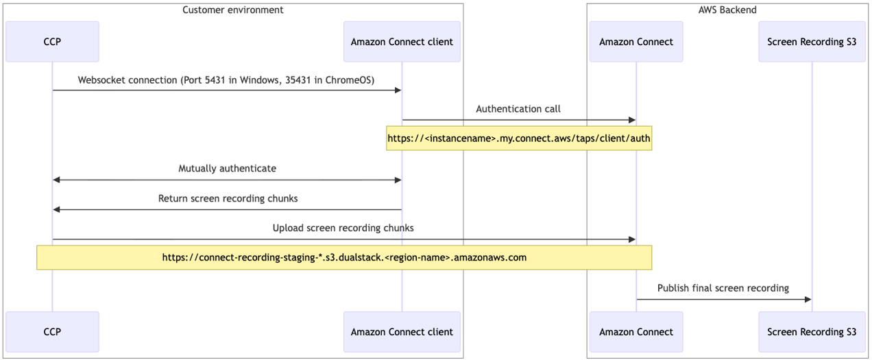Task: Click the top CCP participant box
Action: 52,42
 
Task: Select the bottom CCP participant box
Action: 52,332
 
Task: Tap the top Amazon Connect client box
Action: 402,42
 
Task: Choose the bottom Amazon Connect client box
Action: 402,332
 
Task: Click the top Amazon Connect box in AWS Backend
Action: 636,42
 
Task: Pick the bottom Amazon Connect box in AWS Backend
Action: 636,332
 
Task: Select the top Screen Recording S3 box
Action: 812,42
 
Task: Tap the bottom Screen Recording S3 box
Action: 812,332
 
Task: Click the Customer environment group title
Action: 233,10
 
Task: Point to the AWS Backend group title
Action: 727,10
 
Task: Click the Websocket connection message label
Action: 226,80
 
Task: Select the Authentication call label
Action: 518,109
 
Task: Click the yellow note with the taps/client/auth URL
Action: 518,138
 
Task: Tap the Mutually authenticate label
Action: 228,169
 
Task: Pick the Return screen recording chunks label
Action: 228,199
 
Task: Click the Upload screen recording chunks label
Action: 343,228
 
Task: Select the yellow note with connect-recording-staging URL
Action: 344,258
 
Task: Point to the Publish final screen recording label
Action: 723,289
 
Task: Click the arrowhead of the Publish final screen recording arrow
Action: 808,300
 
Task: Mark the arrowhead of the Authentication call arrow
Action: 632,120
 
